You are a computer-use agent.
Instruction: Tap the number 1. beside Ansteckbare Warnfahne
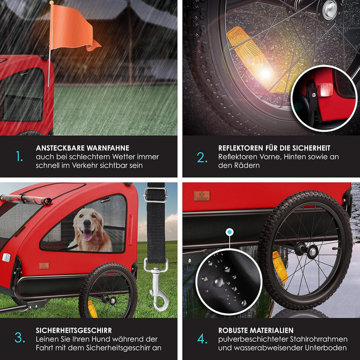(20, 156)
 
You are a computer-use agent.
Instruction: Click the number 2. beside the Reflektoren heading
(202, 157)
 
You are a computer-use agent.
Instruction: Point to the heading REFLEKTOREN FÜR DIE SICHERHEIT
(274, 148)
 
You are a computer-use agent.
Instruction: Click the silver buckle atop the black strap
(155, 194)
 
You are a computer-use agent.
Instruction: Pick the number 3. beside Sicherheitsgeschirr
(20, 338)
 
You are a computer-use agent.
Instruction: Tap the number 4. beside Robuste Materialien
(202, 338)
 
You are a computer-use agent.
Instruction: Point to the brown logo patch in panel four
(202, 196)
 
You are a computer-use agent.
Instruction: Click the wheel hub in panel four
(312, 251)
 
